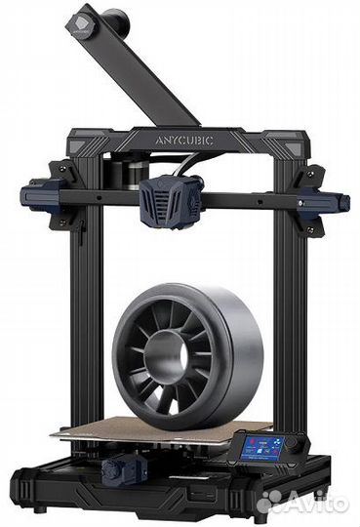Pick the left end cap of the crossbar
(x=38, y=193)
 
